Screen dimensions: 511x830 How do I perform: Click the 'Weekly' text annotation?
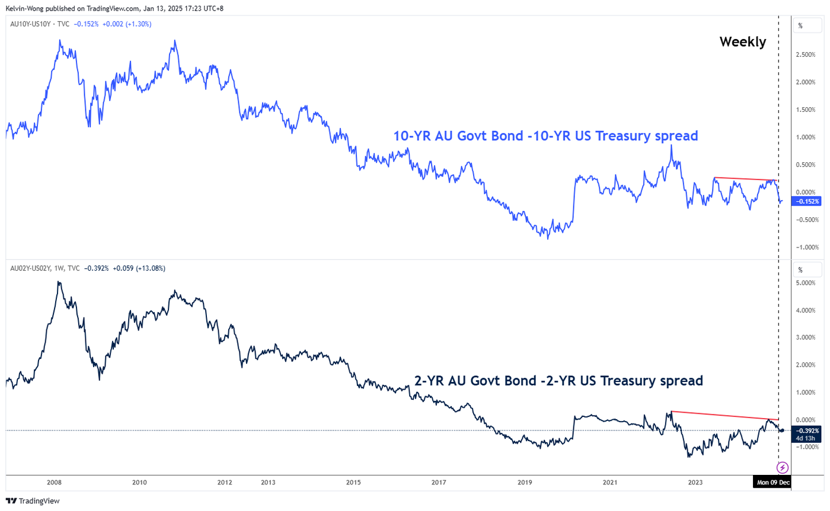point(742,42)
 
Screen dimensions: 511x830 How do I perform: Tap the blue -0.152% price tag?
point(807,202)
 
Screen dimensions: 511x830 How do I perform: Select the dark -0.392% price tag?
point(807,430)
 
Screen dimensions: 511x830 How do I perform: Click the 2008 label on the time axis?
point(55,483)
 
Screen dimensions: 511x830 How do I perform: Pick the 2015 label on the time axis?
point(354,483)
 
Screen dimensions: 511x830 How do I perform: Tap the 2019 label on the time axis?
point(525,483)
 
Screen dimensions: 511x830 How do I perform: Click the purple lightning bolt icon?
point(783,467)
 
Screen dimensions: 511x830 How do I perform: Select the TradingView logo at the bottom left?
point(33,501)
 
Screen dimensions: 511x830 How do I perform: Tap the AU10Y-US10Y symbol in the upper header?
point(32,24)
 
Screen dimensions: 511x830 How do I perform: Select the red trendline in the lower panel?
point(723,415)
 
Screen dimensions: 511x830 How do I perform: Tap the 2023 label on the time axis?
point(696,483)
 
